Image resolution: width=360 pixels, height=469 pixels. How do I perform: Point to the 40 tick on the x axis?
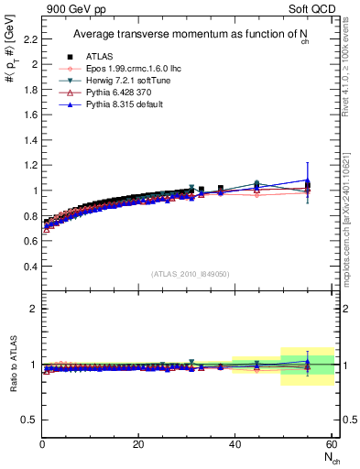point(235,445)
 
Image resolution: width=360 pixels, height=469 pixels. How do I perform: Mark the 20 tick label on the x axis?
point(138,445)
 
